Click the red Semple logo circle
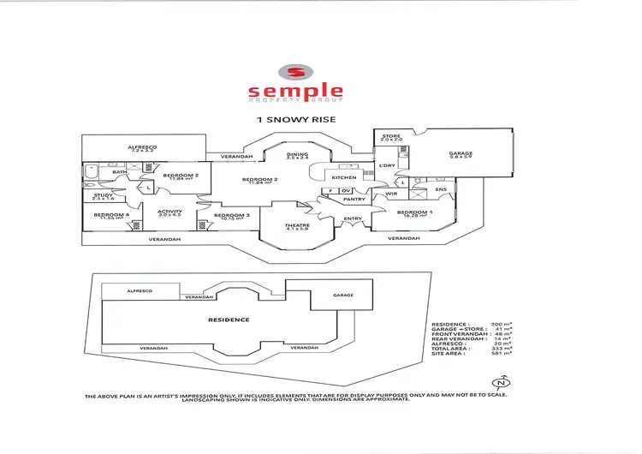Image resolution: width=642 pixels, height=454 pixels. click(295, 73)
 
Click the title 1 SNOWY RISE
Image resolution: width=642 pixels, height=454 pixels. click(296, 120)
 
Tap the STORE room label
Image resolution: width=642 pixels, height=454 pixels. click(391, 136)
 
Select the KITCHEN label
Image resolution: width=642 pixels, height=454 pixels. click(332, 177)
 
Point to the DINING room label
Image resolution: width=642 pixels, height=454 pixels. click(297, 155)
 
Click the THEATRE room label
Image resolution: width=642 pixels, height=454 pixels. click(297, 226)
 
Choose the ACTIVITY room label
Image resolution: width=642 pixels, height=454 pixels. click(169, 211)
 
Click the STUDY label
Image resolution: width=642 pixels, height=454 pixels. click(102, 195)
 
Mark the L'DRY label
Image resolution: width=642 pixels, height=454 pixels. click(385, 164)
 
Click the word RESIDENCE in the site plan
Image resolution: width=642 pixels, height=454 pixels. click(229, 320)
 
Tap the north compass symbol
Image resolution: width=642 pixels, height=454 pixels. click(504, 383)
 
